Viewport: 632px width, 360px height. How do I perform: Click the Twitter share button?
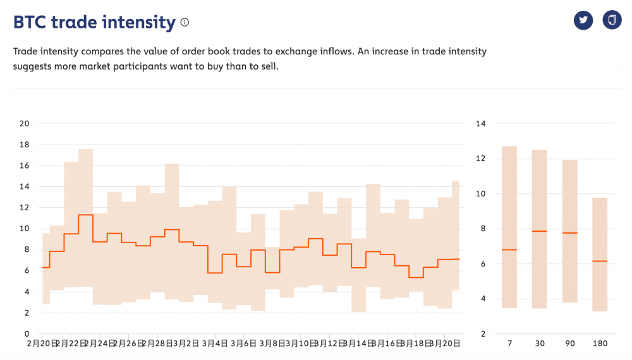point(583,20)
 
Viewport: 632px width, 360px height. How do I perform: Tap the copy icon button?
point(612,20)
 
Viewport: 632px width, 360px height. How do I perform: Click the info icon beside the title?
point(185,23)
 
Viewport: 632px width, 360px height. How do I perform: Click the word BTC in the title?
point(29,23)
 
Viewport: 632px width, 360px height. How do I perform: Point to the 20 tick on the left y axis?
point(25,123)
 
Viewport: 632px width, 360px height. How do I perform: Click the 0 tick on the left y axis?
point(27,333)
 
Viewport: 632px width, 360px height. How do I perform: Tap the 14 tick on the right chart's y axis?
point(480,123)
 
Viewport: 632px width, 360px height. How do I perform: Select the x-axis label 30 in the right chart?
point(540,344)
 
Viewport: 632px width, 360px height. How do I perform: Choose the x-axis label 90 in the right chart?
point(570,344)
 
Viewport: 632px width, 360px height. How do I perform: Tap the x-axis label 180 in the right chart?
point(600,344)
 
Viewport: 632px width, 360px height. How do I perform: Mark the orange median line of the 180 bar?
point(600,261)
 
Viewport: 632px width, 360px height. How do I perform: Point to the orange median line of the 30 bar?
point(540,231)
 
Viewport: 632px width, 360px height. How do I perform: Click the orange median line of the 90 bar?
point(570,233)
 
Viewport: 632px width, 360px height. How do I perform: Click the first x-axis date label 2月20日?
point(42,344)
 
